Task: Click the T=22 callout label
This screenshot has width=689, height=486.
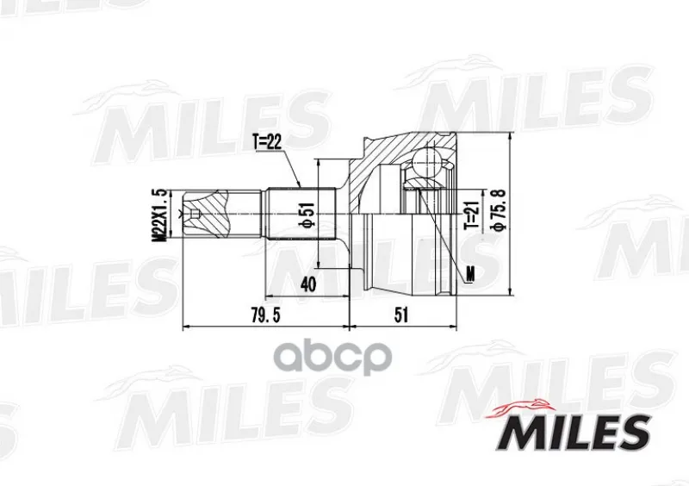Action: (267, 142)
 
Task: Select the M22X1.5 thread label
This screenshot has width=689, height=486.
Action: (160, 215)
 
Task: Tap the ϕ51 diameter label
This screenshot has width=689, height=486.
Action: (307, 215)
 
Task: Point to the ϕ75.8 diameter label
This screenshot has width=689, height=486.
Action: (500, 209)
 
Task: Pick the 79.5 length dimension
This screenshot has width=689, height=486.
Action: (266, 315)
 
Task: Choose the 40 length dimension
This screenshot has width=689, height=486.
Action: (307, 284)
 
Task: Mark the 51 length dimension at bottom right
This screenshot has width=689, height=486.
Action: (401, 315)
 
